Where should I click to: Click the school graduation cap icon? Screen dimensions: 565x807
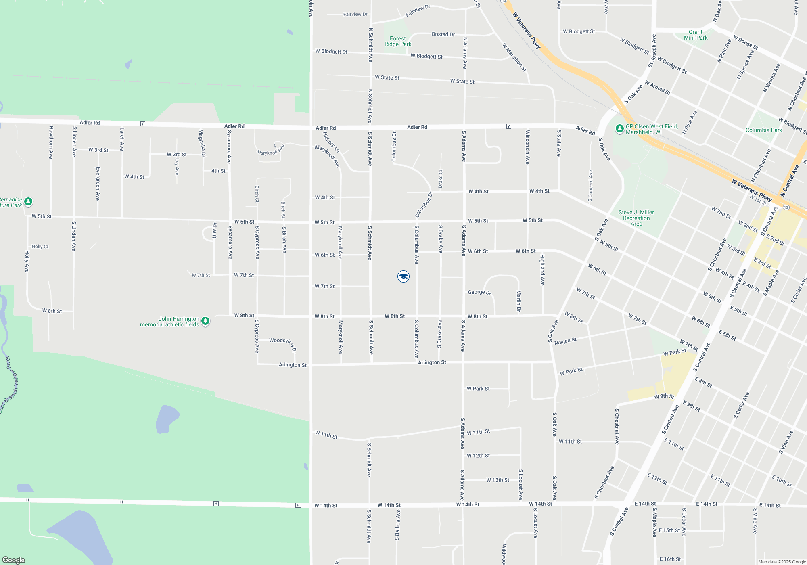tap(403, 276)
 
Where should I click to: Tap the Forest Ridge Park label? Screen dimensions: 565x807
tap(398, 42)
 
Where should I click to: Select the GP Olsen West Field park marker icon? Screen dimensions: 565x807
tap(619, 129)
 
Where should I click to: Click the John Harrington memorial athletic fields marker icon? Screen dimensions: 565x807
tap(205, 321)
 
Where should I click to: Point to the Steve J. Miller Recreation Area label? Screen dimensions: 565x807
tap(636, 218)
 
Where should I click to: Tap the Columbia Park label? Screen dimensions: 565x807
tap(763, 130)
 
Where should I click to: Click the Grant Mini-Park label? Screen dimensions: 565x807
tap(696, 35)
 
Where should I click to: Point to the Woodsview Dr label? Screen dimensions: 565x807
tap(283, 343)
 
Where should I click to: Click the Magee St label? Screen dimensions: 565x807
tap(565, 341)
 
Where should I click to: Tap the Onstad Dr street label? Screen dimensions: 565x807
tap(443, 34)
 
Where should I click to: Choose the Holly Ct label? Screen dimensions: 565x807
tap(40, 247)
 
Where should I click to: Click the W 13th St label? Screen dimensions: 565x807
tap(498, 480)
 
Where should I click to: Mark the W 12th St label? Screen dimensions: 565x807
tap(478, 456)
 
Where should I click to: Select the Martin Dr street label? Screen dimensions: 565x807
tap(519, 301)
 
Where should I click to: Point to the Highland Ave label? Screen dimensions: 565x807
tap(543, 270)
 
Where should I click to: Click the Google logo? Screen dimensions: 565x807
tap(14, 560)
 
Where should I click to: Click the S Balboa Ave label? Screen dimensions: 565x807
tap(397, 525)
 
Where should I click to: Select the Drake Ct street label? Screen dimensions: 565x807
tap(441, 178)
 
